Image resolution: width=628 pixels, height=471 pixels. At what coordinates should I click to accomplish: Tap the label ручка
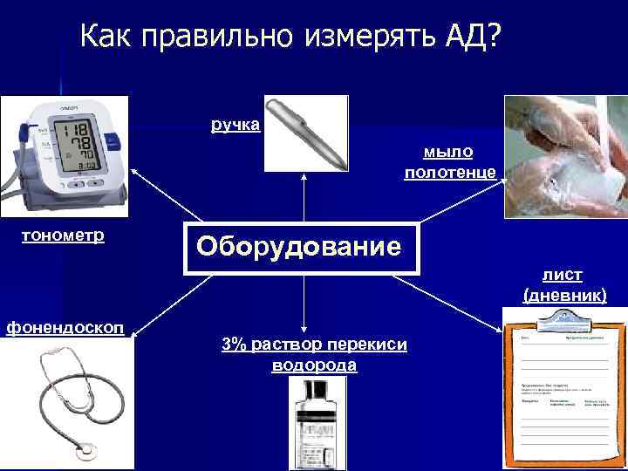[x=235, y=125]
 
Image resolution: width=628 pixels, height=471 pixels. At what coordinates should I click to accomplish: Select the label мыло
[x=449, y=152]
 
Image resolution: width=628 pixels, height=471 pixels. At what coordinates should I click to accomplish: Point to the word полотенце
[x=450, y=173]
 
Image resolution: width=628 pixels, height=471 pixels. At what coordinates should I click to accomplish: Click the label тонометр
[x=63, y=236]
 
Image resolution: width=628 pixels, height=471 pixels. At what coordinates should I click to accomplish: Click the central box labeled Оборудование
[x=300, y=247]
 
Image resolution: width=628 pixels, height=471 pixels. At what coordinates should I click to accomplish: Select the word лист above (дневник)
[x=563, y=275]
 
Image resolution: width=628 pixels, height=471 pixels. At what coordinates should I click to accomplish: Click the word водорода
[x=315, y=365]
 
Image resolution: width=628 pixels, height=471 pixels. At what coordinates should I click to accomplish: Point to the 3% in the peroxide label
[x=233, y=345]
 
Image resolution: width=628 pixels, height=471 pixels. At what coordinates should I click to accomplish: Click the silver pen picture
[x=305, y=132]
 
